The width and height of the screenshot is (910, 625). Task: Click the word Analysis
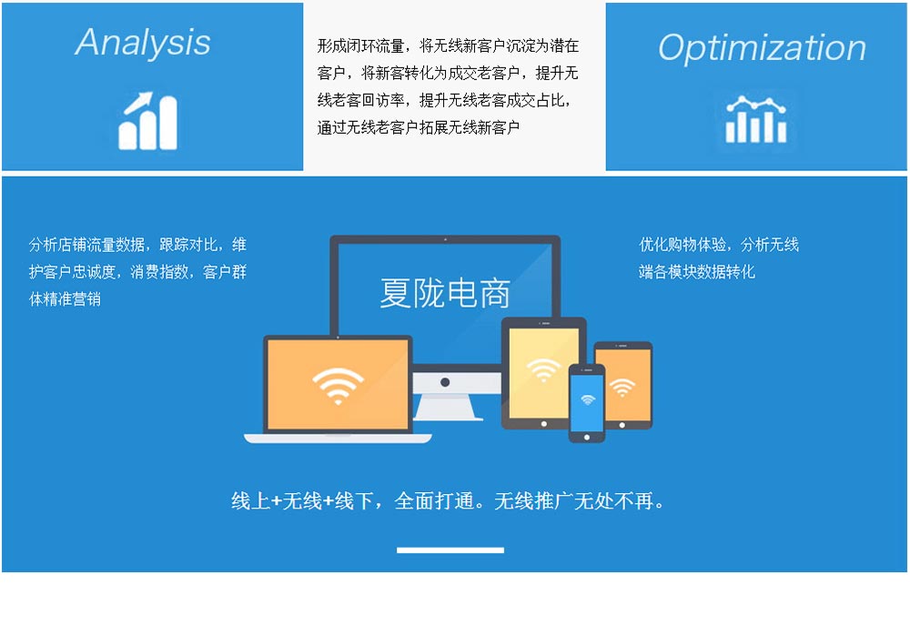coord(143,43)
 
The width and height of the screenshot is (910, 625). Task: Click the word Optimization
coord(762,47)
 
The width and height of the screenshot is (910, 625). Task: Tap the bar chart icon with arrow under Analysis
coord(148,121)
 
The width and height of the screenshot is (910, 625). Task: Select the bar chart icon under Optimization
coord(755,119)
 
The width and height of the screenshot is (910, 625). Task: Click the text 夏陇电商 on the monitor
coord(445,292)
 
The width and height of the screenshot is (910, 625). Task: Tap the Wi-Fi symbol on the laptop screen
coord(338,385)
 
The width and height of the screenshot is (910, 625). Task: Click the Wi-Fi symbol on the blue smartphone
coord(588,399)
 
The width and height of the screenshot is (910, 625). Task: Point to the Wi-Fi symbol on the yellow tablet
coord(543,369)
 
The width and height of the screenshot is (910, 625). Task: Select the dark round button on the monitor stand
coord(445,382)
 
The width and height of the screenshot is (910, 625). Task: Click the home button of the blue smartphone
coord(587,437)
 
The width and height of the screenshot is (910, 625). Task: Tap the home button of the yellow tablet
coord(544,424)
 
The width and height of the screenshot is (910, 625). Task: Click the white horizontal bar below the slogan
coord(450,549)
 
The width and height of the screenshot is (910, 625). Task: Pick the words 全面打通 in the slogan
coord(433,500)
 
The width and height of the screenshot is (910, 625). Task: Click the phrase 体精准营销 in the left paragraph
coord(65,299)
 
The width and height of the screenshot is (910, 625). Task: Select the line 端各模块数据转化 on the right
coord(696,272)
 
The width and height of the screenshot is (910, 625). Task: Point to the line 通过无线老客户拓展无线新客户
coord(419,127)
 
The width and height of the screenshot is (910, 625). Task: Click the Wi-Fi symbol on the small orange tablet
coord(622,387)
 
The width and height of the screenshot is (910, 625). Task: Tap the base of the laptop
coord(338,439)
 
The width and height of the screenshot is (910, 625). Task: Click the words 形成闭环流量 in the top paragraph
coord(360,45)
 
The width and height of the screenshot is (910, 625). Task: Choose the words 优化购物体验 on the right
coord(682,245)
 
